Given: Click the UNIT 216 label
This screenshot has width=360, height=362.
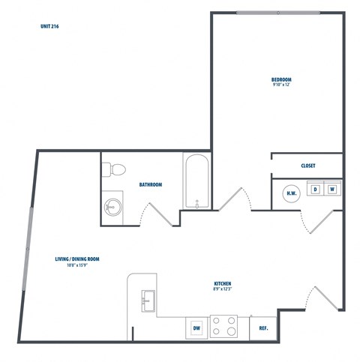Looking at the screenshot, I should tap(50, 26).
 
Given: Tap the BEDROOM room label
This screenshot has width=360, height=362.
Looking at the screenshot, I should tap(281, 79).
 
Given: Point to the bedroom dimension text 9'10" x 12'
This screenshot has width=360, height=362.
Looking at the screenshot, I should tap(281, 85).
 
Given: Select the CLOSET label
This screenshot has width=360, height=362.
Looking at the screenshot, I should tap(307, 166).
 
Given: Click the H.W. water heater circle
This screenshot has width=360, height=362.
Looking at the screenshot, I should tap(291, 193).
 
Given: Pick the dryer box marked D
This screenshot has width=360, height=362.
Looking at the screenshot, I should tap(316, 190).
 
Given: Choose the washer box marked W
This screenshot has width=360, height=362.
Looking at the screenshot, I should tap(331, 190).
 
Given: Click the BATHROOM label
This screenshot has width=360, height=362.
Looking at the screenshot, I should tap(151, 184).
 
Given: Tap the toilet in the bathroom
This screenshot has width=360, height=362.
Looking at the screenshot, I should tap(113, 169).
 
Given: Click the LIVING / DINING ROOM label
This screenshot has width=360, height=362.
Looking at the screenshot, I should tap(77, 259).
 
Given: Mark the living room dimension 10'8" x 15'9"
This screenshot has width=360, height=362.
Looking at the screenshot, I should tap(77, 265).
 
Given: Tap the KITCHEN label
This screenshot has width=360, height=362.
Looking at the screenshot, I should tap(223, 283).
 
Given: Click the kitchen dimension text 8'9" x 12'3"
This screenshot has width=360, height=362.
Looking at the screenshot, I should tap(223, 289).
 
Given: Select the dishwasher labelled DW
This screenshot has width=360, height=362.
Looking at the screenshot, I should tap(196, 328).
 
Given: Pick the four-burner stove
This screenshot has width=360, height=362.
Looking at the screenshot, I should tap(223, 326).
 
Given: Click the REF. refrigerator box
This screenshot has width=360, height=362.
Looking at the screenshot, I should tap(263, 328).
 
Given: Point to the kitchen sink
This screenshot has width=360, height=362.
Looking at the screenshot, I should tap(147, 300).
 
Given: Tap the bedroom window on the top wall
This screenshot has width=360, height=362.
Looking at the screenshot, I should tap(277, 13).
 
